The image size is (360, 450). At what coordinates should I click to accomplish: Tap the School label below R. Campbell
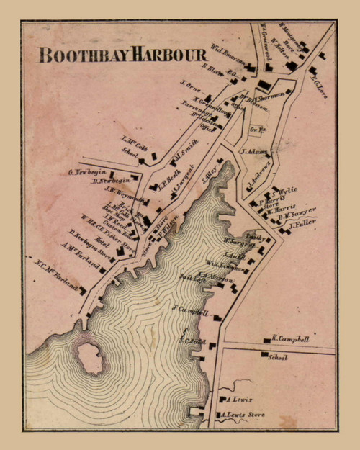(277, 357)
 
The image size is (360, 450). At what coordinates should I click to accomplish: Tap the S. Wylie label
(284, 189)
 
